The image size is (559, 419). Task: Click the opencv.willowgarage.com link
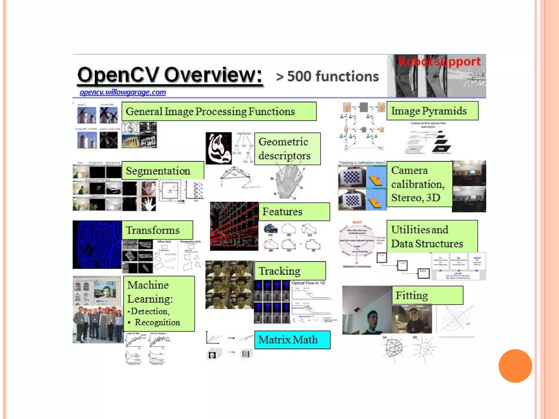(x=123, y=92)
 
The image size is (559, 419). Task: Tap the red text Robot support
(x=439, y=62)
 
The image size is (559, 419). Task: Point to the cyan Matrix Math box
(x=292, y=340)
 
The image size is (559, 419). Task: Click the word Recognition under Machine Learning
(x=157, y=322)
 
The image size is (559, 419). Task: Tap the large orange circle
(x=515, y=366)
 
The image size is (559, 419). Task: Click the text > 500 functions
(x=327, y=76)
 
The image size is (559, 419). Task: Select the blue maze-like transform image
(x=97, y=245)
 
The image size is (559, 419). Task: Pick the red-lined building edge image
(x=234, y=226)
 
